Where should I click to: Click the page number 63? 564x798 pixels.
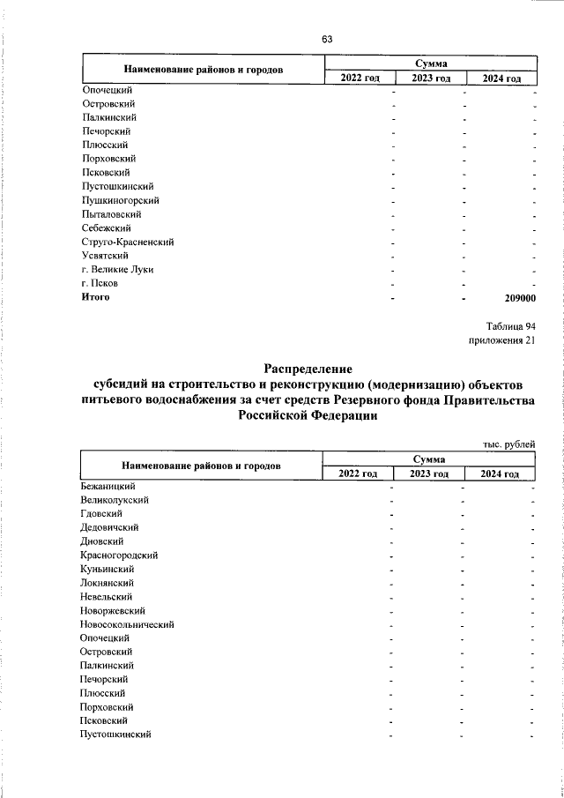coord(327,39)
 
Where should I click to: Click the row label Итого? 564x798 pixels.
coord(95,298)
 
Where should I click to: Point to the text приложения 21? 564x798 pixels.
coord(501,340)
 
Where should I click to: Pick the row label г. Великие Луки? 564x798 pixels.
coord(117,270)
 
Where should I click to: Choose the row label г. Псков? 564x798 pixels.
coord(100,284)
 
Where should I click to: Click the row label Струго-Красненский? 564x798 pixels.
coord(126,242)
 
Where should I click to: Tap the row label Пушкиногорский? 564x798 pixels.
coord(117,200)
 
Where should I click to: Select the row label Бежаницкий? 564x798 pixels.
coord(108,486)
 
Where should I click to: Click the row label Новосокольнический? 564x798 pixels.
coord(127,624)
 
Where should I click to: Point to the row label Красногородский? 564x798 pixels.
coord(119,556)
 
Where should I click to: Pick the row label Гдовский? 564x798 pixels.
coord(100,514)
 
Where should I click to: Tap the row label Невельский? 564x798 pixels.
coord(107,597)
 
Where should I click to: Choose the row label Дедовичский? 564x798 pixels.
coord(109,527)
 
